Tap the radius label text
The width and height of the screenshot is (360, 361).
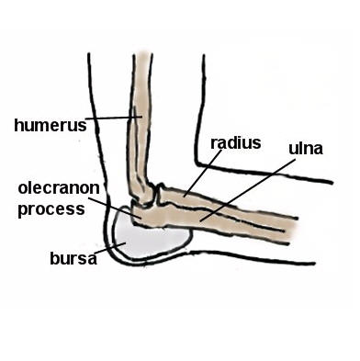point(236,142)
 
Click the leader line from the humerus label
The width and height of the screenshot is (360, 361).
point(110,118)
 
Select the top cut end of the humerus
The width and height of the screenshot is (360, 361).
point(143,56)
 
